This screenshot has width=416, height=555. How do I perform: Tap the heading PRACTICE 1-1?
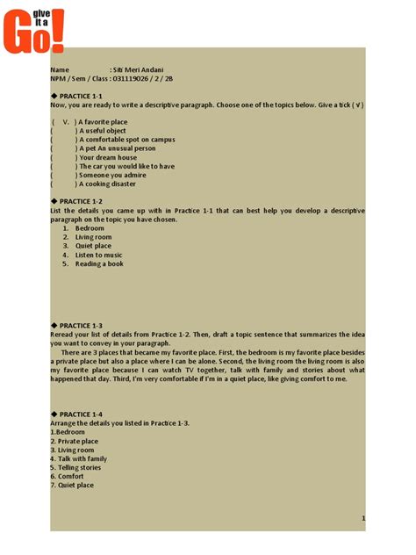pos(81,95)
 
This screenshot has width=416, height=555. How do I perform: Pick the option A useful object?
pos(103,130)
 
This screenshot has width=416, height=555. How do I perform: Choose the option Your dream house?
pos(108,157)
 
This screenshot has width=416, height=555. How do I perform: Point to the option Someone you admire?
pos(111,176)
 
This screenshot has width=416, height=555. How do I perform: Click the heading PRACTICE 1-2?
pos(81,201)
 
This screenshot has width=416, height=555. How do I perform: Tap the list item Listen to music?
pos(97,255)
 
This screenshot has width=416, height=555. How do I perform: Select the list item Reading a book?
pos(99,263)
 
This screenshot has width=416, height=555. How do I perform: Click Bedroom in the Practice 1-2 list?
pos(90,228)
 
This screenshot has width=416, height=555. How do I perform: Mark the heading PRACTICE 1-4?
pos(81,414)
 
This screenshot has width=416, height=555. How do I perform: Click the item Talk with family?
pos(81,458)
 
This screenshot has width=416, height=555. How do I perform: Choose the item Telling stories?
pos(77,467)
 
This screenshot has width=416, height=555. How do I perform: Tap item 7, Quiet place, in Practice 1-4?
pos(75,485)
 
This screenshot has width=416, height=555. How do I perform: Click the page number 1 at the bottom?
pos(363,519)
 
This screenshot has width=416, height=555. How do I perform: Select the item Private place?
pos(76,441)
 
